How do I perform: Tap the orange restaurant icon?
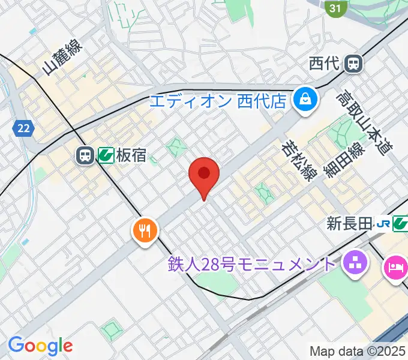tap(145, 229)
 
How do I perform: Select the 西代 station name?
tap(325, 62)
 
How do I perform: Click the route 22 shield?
tap(23, 128)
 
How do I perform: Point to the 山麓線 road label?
tap(62, 57)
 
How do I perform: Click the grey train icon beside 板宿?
tap(84, 156)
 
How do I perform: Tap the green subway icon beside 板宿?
tap(106, 156)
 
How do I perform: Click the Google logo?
tap(40, 345)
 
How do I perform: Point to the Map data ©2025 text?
tap(358, 351)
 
